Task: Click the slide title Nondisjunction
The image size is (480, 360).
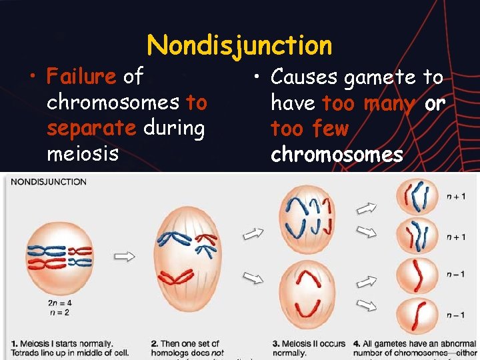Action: pos(239,45)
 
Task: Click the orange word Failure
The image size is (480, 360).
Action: pos(81,77)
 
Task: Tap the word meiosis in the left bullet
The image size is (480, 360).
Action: pos(83,153)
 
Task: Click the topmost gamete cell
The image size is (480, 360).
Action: pos(417,196)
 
